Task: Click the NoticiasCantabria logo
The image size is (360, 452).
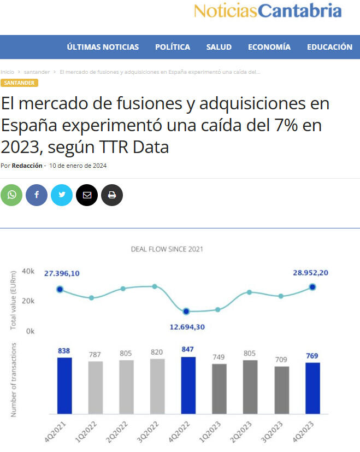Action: tap(268, 10)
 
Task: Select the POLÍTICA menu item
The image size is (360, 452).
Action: tap(173, 47)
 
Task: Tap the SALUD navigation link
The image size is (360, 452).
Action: tap(219, 47)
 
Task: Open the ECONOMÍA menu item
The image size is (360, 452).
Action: tap(269, 47)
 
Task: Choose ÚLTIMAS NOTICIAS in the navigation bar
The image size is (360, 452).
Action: tap(103, 47)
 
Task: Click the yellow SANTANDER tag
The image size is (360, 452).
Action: tap(19, 83)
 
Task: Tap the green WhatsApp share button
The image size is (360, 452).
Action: tap(11, 195)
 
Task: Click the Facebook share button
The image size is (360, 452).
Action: tap(37, 195)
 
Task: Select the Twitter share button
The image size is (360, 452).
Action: tap(62, 195)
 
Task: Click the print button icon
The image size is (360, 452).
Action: tap(112, 195)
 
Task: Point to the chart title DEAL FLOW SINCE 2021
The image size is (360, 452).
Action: tap(167, 249)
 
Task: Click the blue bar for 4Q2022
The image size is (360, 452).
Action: tap(188, 385)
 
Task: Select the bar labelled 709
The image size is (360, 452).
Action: tap(281, 390)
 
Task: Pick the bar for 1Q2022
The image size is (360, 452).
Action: tap(96, 388)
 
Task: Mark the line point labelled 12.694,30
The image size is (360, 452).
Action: tap(186, 311)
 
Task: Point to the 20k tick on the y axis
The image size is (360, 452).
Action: tap(28, 301)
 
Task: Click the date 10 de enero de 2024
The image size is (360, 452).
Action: tap(78, 166)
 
